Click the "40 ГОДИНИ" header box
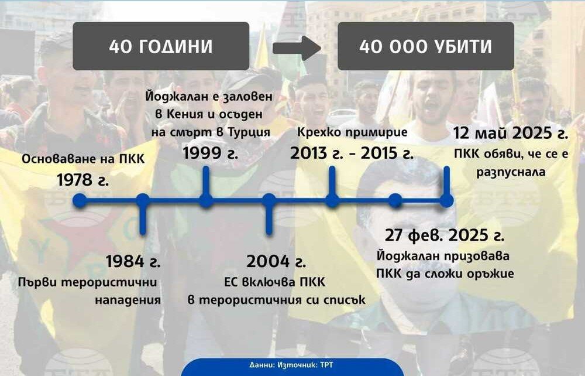pyautogui.click(x=161, y=46)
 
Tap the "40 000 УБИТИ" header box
pyautogui.click(x=426, y=46)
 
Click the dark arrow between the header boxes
pyautogui.click(x=297, y=48)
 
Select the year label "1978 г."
pyautogui.click(x=83, y=180)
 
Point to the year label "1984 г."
pyautogui.click(x=133, y=261)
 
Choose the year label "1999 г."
pyautogui.click(x=210, y=153)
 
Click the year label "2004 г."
pyautogui.click(x=276, y=261)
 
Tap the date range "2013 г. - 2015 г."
pyautogui.click(x=352, y=153)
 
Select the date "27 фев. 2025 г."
pyautogui.click(x=445, y=235)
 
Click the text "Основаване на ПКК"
pyautogui.click(x=83, y=159)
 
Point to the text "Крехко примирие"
pyautogui.click(x=352, y=132)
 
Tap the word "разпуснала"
pyautogui.click(x=511, y=172)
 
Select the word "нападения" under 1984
pyautogui.click(x=128, y=300)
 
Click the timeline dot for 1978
pyautogui.click(x=80, y=200)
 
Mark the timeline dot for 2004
pyautogui.click(x=269, y=200)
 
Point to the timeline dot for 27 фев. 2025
pyautogui.click(x=395, y=200)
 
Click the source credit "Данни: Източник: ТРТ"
pyautogui.click(x=291, y=365)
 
